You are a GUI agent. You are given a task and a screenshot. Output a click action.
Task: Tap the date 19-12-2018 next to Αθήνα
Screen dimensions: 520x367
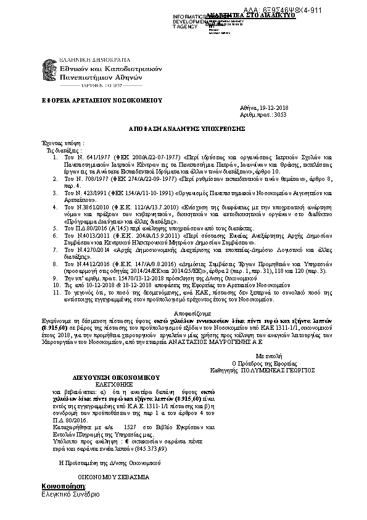point(274,108)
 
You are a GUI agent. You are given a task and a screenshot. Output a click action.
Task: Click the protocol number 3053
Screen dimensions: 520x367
point(280,115)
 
